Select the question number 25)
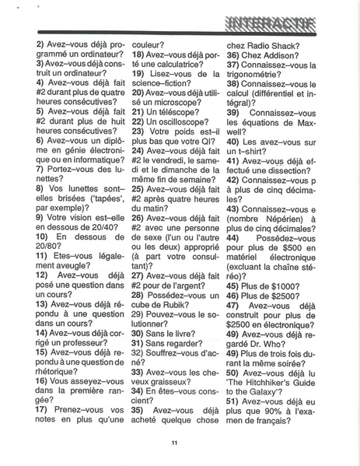coord(141,187)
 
